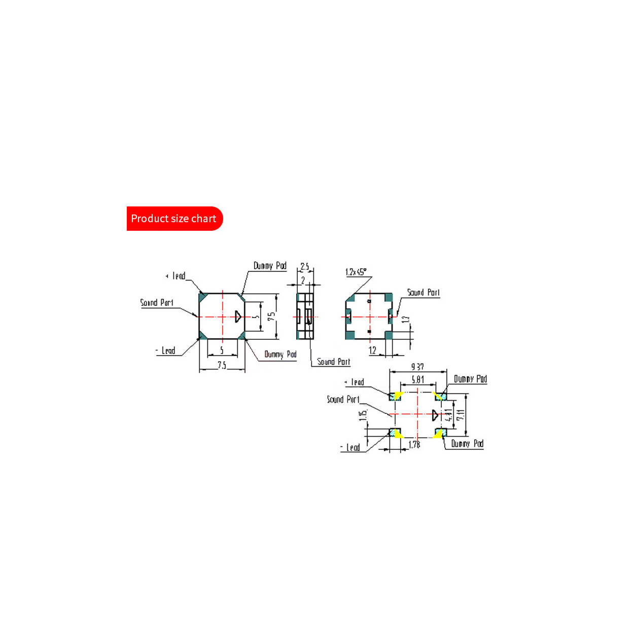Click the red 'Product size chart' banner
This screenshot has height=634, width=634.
pyautogui.click(x=174, y=219)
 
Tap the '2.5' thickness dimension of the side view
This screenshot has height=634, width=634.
pyautogui.click(x=304, y=266)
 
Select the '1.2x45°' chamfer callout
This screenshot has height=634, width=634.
pyautogui.click(x=356, y=272)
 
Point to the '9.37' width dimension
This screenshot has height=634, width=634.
pyautogui.click(x=417, y=366)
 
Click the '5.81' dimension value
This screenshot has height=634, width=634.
pyautogui.click(x=417, y=379)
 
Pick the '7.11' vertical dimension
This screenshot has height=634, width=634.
pyautogui.click(x=460, y=415)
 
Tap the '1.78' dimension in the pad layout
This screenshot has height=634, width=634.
pyautogui.click(x=414, y=444)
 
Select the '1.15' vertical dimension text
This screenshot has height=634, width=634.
pyautogui.click(x=363, y=415)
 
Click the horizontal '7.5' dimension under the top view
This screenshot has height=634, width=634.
pyautogui.click(x=222, y=365)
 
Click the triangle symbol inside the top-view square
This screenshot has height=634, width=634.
pyautogui.click(x=238, y=316)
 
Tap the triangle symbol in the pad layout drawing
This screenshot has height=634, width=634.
pyautogui.click(x=435, y=415)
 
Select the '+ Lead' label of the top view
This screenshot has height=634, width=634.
pyautogui.click(x=175, y=276)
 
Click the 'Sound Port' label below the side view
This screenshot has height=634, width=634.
pyautogui.click(x=333, y=362)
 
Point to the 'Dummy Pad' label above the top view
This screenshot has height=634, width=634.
pyautogui.click(x=270, y=266)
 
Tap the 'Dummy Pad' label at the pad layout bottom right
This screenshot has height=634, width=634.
pyautogui.click(x=467, y=444)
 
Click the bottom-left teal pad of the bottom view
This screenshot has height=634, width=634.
pyautogui.click(x=350, y=335)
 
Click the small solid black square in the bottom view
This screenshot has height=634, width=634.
pyautogui.click(x=369, y=331)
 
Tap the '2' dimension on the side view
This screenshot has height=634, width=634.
pyautogui.click(x=303, y=280)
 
